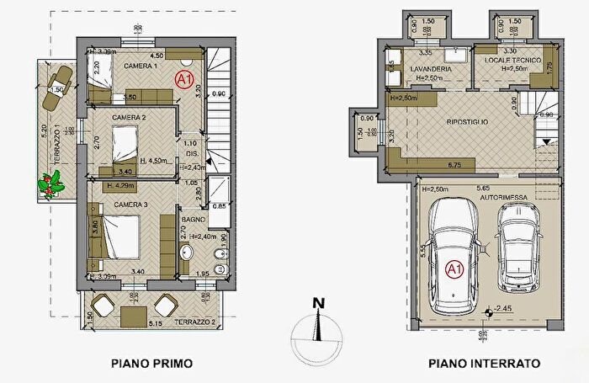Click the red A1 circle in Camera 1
tap(183, 78)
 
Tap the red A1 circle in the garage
tap(454, 269)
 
